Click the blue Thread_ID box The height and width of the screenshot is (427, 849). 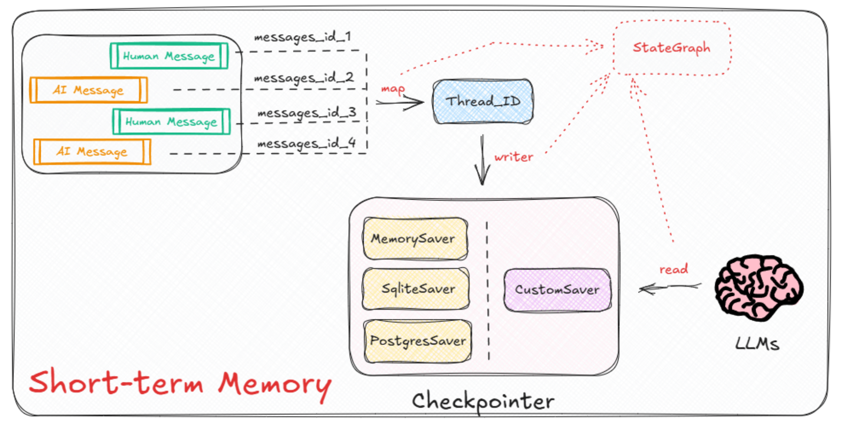[483, 102]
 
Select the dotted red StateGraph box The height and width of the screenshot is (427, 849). [671, 48]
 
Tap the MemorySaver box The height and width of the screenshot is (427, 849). [415, 239]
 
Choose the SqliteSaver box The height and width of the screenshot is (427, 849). [416, 289]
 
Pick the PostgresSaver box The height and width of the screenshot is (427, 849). [418, 341]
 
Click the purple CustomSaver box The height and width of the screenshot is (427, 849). [557, 289]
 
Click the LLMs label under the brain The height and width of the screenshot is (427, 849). [757, 344]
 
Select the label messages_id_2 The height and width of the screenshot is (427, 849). [304, 78]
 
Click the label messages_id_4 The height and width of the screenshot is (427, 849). [306, 144]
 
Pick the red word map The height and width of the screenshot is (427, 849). [392, 89]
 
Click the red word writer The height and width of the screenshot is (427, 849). [513, 157]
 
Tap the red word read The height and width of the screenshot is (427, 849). [673, 269]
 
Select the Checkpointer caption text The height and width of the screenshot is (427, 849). [483, 401]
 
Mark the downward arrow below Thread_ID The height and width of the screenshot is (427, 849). [482, 161]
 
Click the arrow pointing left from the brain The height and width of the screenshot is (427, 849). [669, 287]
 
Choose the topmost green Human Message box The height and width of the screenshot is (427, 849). [169, 56]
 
